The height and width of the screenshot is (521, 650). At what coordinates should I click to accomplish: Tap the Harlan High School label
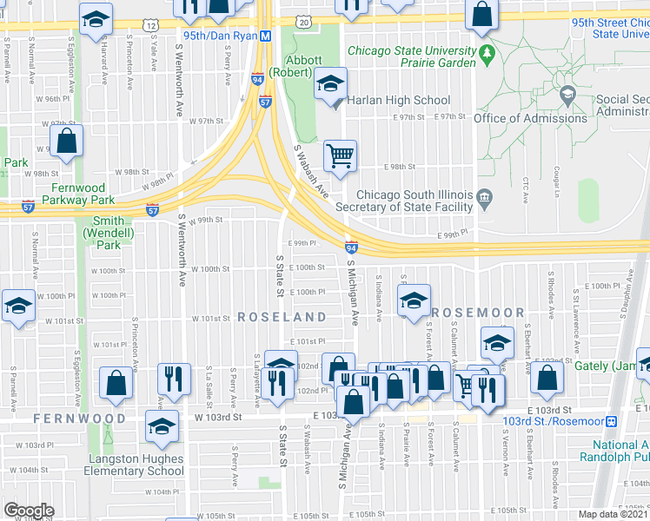(398, 100)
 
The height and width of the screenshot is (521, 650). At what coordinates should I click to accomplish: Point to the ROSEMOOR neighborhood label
(478, 313)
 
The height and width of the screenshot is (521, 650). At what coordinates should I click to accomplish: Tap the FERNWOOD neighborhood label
(80, 419)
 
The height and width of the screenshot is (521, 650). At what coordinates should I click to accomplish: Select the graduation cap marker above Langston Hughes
(162, 426)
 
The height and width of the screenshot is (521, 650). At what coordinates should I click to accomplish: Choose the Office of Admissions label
(530, 118)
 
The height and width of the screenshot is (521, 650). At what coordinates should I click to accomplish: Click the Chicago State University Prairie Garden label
(411, 56)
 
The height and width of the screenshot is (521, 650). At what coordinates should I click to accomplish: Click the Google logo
(29, 510)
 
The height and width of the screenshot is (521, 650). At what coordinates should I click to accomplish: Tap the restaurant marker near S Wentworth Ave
(172, 379)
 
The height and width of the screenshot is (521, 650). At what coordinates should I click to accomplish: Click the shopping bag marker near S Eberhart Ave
(547, 377)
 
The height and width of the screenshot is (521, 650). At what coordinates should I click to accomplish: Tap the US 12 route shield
(152, 27)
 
